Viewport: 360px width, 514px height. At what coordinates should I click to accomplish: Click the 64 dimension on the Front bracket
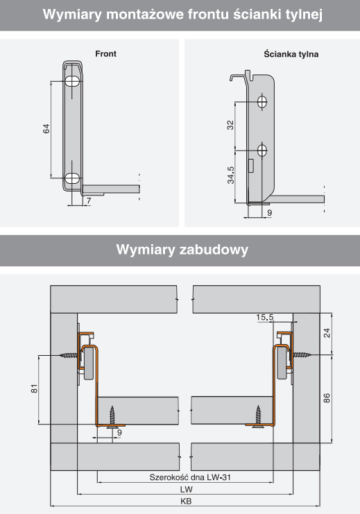tap(46, 128)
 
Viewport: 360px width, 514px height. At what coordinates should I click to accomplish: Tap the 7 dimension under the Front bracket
tap(89, 200)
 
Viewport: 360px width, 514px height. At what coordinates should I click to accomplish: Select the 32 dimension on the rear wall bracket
tap(230, 125)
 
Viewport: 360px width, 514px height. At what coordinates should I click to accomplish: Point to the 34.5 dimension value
tap(231, 175)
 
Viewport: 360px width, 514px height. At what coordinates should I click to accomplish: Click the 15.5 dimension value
tap(264, 317)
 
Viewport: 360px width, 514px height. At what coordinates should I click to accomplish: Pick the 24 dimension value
tap(327, 333)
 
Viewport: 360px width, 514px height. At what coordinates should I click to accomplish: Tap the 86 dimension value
tap(327, 398)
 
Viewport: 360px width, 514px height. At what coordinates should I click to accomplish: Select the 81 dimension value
tap(35, 388)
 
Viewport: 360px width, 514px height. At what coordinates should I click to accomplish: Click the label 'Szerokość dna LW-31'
tap(190, 477)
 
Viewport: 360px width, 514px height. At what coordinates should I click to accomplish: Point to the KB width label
tap(186, 502)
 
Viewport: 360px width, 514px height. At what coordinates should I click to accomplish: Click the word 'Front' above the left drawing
tap(105, 54)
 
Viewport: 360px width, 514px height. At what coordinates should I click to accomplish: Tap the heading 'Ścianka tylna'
tap(291, 54)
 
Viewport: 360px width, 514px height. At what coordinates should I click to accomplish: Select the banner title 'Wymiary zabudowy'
tap(182, 250)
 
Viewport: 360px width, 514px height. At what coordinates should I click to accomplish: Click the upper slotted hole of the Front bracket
tap(72, 81)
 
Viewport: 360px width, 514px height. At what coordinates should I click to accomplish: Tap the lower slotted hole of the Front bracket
tap(72, 178)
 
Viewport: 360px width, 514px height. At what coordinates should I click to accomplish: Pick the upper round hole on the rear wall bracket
tap(262, 101)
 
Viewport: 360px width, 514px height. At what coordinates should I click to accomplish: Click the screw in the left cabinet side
tap(69, 355)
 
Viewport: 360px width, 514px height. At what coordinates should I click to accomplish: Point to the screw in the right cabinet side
tap(301, 354)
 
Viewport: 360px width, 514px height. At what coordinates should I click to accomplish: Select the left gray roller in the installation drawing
tap(88, 364)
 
